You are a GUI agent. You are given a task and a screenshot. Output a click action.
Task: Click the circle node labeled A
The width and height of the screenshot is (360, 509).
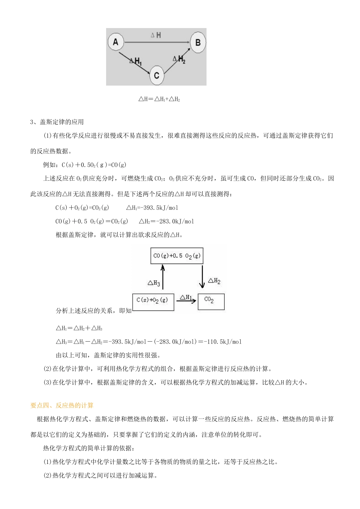tap(116, 42)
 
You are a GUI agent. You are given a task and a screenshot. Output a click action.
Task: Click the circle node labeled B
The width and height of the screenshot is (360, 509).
tap(197, 42)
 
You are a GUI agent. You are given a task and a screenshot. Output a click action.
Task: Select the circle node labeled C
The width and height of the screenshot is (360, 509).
tap(156, 75)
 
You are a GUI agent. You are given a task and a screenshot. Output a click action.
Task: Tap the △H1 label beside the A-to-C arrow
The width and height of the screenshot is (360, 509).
tap(135, 61)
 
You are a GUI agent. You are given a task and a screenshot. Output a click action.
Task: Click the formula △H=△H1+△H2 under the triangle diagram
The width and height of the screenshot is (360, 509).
tap(159, 99)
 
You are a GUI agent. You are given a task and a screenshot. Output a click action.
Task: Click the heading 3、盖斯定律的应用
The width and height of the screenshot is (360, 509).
tap(57, 122)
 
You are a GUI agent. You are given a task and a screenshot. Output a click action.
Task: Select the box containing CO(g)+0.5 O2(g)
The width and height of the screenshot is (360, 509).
tap(177, 256)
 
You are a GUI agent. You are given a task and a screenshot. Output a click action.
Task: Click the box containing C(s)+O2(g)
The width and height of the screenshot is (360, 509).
tap(153, 301)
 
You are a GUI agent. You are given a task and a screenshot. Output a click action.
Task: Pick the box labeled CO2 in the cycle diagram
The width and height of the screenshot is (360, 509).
tap(211, 301)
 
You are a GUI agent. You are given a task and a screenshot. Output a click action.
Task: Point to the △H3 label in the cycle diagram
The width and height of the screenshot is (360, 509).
tap(153, 283)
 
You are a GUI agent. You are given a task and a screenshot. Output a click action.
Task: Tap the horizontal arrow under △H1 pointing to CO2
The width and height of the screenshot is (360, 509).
tap(186, 301)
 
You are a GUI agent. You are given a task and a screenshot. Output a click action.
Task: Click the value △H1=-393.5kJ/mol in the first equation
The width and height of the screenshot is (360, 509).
tap(152, 208)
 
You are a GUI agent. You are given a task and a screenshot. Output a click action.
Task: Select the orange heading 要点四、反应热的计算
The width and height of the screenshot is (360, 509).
tap(62, 405)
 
